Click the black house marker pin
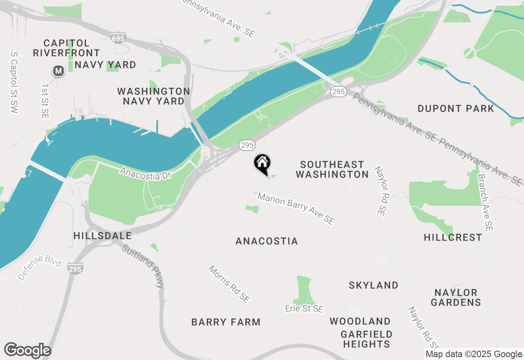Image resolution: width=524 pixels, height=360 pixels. [262, 164]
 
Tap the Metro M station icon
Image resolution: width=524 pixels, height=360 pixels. [59, 71]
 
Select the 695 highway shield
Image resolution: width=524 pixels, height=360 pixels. [118, 38]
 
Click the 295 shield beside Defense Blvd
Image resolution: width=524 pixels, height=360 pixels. [76, 268]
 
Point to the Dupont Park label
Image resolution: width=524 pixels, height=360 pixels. [456, 108]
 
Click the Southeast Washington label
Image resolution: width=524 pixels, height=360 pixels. [332, 169]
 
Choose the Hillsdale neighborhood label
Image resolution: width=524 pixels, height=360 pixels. [102, 236]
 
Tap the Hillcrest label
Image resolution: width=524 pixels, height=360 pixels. [453, 237]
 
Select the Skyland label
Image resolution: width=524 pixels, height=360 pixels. [373, 285]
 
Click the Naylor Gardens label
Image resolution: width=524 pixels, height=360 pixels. [456, 297]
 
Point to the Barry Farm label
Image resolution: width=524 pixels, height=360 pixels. [226, 322]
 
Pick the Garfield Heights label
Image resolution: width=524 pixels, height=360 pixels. [366, 339]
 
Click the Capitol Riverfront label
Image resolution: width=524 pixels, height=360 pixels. [66, 48]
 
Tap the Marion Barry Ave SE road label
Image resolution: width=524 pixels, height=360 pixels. [296, 209]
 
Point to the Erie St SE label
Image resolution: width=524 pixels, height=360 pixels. [304, 308]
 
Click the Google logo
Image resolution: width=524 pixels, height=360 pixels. [28, 351]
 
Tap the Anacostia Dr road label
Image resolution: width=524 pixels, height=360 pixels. [145, 172]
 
